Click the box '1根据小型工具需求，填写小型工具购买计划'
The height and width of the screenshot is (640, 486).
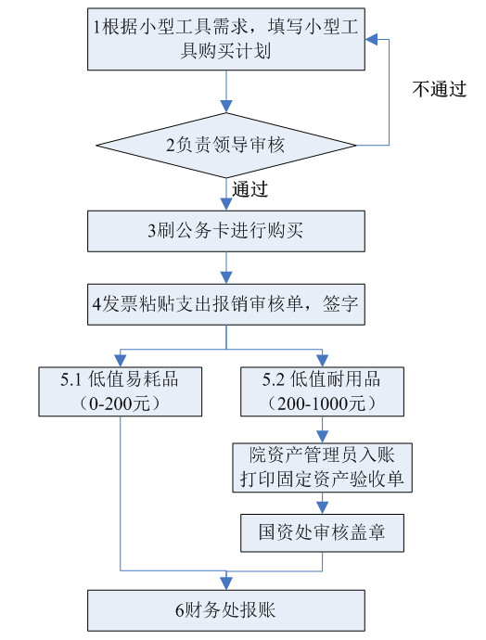[x=226, y=39]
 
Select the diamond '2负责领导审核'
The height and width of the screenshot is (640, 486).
[x=226, y=145]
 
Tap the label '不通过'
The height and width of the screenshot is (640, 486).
[x=439, y=89]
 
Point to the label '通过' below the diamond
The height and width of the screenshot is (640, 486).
[x=250, y=189]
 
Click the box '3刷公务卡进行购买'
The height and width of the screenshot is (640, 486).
[x=226, y=231]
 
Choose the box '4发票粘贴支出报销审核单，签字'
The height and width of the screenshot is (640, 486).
[x=226, y=304]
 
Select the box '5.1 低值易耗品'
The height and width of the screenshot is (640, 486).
[x=121, y=391]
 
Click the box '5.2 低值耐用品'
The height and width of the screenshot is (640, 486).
[x=323, y=391]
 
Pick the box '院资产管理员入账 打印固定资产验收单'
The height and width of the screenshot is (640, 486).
[x=323, y=467]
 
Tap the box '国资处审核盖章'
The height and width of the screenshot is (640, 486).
[x=323, y=533]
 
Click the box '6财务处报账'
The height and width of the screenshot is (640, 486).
[x=226, y=610]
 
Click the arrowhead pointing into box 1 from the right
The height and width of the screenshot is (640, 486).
[x=371, y=40]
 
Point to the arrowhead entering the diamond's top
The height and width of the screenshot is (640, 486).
[x=226, y=107]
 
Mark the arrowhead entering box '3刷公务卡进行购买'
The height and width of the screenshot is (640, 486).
[x=226, y=204]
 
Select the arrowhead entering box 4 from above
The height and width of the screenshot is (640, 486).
[x=226, y=278]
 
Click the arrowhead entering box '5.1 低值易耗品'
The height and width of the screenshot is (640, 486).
[x=121, y=361]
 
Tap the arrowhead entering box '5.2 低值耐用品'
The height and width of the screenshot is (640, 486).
[x=323, y=361]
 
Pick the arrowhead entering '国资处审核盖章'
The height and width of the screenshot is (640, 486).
[x=323, y=508]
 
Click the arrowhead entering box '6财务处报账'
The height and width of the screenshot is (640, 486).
[x=226, y=583]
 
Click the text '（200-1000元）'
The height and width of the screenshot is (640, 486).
[x=322, y=403]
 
